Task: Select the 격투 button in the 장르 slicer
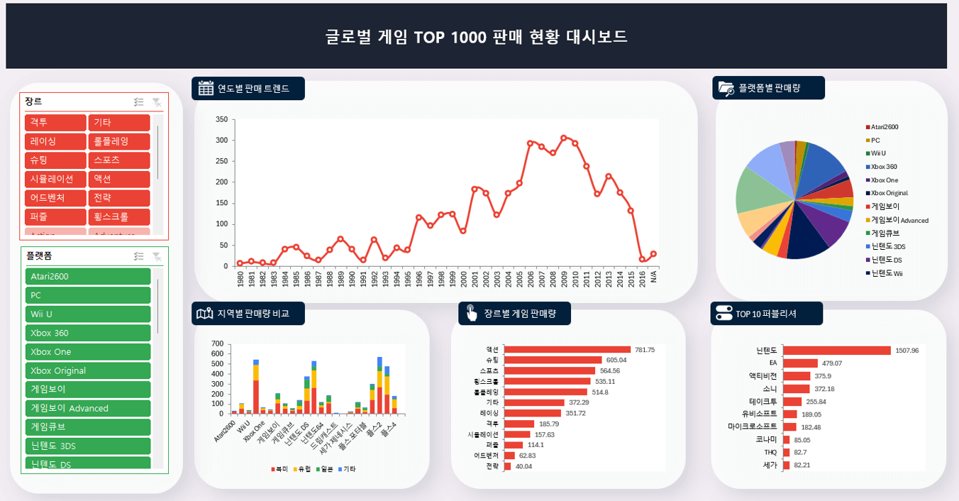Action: [55, 123]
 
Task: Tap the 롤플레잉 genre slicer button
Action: [118, 141]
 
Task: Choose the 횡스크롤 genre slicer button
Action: [118, 216]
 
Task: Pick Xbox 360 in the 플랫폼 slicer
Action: [88, 333]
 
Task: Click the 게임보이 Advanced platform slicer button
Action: [88, 408]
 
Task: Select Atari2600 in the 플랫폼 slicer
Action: [88, 276]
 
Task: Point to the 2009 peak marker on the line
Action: [563, 138]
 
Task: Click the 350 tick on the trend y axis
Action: [221, 119]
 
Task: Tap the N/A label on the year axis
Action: [653, 276]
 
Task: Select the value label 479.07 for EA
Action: [832, 363]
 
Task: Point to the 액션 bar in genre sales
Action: [567, 350]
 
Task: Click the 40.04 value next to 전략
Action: [523, 466]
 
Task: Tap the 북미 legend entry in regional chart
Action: [281, 469]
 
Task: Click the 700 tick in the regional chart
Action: [217, 344]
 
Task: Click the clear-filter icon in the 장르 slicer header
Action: [157, 102]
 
